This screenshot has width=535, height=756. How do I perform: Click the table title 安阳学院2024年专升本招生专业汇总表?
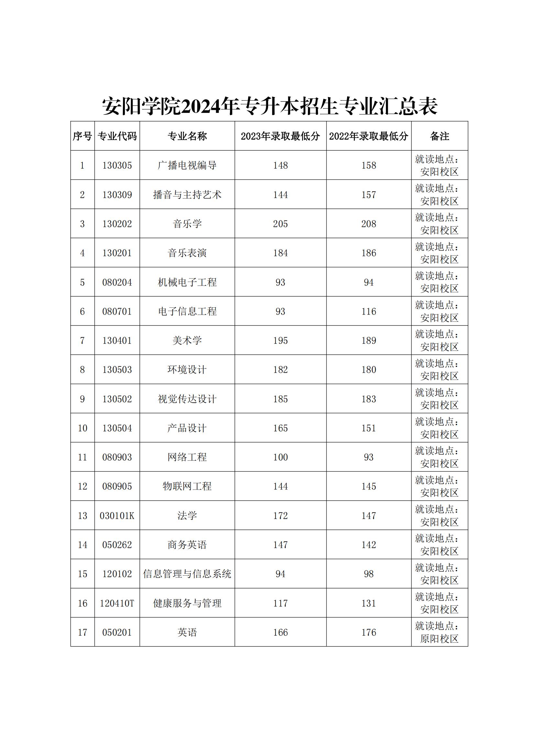(x=269, y=106)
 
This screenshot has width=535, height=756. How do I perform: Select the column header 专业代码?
(x=117, y=136)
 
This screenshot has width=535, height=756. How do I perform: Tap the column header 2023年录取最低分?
(x=280, y=136)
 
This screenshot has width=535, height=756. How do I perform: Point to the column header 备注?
(x=440, y=136)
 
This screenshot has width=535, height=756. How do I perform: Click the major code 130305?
(x=117, y=165)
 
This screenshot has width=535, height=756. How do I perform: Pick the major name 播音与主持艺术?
(x=187, y=195)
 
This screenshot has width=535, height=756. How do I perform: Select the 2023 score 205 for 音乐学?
(x=280, y=224)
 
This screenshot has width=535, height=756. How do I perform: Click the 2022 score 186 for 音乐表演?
(x=369, y=253)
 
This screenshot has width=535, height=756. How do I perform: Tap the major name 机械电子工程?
(x=187, y=282)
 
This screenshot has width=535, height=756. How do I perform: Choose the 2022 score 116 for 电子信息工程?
(x=369, y=312)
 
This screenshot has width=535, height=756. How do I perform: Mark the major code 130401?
(x=117, y=340)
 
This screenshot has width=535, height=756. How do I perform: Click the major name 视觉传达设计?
(x=187, y=399)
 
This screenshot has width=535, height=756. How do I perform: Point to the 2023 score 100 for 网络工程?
(x=280, y=457)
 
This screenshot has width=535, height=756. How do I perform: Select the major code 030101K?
(x=117, y=516)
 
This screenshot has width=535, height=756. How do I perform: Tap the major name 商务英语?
(x=187, y=545)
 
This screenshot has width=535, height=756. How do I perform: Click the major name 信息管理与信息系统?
(x=187, y=574)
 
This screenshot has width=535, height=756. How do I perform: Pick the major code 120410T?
(x=117, y=603)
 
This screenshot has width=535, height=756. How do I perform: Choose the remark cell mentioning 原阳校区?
(x=440, y=633)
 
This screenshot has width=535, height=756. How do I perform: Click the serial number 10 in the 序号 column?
(x=82, y=428)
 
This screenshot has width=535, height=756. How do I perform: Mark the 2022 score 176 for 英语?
(x=369, y=633)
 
